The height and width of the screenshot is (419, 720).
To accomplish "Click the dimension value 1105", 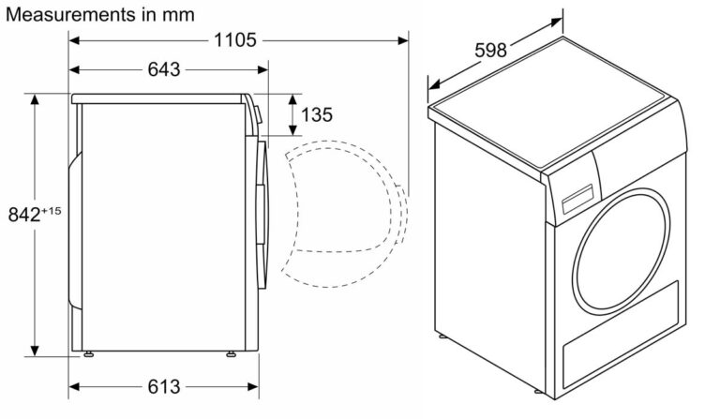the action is (235, 40).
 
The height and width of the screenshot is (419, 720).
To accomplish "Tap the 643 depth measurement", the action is (164, 69).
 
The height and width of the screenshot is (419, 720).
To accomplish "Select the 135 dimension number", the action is (317, 114).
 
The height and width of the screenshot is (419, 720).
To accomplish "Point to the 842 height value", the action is (24, 215).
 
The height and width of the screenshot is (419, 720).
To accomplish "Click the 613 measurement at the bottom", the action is (164, 387).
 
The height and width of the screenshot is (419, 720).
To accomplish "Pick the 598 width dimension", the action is (490, 51).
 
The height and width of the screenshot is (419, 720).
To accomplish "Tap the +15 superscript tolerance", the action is (51, 211).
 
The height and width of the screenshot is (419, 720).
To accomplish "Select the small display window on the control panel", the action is (577, 199).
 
